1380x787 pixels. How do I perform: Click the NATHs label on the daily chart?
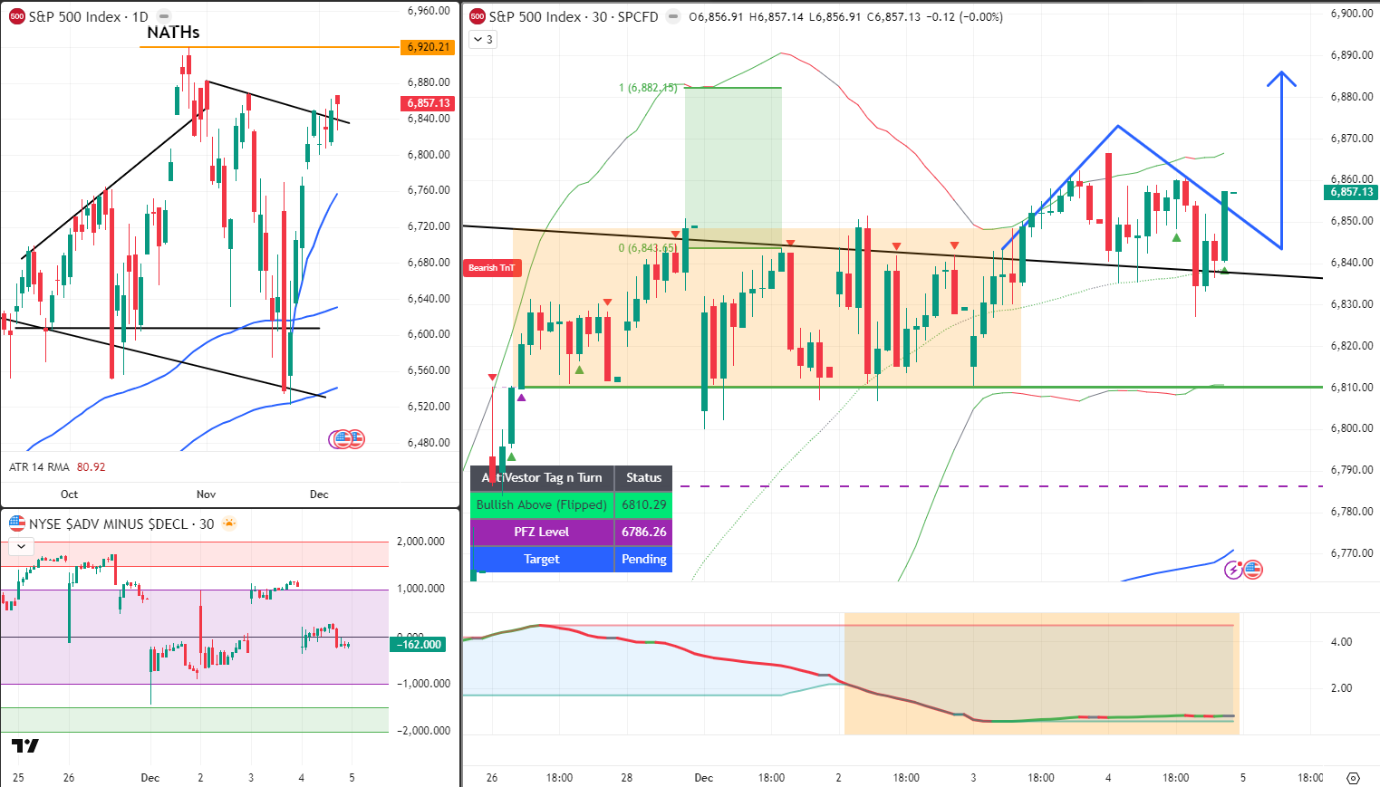[x=173, y=33]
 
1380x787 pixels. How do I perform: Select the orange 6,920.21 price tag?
[x=429, y=47]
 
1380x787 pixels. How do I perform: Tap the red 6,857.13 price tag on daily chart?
[x=429, y=103]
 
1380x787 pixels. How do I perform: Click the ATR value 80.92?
[x=91, y=467]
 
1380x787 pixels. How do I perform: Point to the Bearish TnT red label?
[x=491, y=267]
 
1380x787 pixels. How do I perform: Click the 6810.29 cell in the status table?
[x=643, y=504]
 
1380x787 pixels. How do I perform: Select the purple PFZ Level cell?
[x=541, y=532]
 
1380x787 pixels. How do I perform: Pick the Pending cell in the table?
[x=643, y=559]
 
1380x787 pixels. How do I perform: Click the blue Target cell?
[x=541, y=559]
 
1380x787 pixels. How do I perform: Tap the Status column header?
[x=643, y=477]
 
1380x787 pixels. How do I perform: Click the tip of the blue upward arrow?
[x=1281, y=72]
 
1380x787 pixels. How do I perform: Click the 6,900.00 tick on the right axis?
[x=1351, y=14]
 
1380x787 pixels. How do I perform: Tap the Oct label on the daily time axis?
[x=69, y=494]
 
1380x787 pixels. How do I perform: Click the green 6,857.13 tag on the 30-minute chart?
[x=1351, y=192]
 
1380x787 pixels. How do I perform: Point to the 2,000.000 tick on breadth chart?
[x=423, y=542]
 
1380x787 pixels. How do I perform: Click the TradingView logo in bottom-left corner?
[x=25, y=746]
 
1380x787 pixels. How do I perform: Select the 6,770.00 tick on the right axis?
[x=1351, y=552]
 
